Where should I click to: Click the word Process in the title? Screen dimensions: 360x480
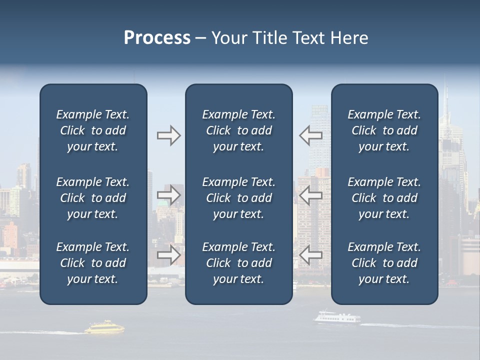[x=157, y=38]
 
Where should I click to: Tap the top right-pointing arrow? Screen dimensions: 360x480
[x=168, y=135]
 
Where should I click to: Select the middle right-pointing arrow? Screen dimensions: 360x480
[x=168, y=195]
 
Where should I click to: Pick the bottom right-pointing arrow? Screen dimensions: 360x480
[x=168, y=255]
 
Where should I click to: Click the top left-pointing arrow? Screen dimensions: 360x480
[x=310, y=135]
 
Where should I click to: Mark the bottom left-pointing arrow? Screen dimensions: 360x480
[x=310, y=255]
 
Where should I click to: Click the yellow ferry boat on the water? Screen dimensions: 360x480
[x=104, y=327]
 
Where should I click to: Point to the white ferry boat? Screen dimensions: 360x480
[x=336, y=317]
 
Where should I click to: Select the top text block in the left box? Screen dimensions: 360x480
[x=93, y=130]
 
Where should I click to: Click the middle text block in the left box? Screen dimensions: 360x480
[x=93, y=198]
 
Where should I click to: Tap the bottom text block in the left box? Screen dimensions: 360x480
[x=93, y=263]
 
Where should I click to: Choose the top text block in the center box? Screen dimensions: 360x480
[x=238, y=130]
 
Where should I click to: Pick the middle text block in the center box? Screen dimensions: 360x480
[x=238, y=198]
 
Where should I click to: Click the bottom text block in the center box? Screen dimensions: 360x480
[x=238, y=263]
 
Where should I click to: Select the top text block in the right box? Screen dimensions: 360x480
[x=384, y=130]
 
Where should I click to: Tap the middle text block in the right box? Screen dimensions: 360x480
[x=384, y=198]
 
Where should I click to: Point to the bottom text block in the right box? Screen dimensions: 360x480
[x=384, y=263]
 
